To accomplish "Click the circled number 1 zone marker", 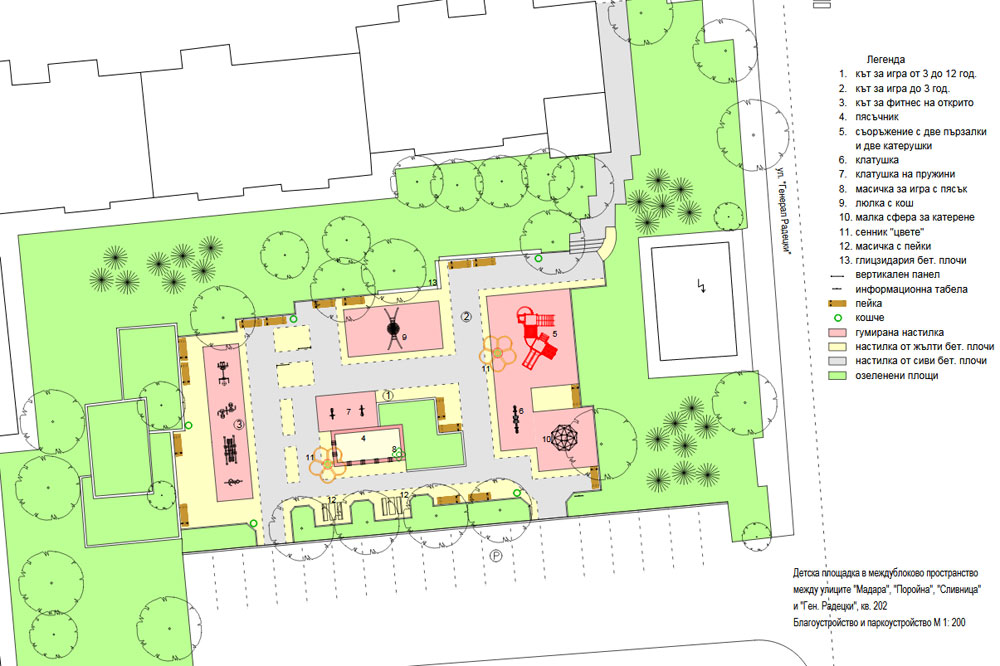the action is point(388,396).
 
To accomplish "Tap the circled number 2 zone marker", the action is point(466,316).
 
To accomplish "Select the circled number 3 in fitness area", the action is point(239,424).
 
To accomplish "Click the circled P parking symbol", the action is point(496,556).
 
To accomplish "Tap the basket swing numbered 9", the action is point(393,328).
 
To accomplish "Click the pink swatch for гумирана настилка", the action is point(837,332).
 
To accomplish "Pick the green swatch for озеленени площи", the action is point(837,376).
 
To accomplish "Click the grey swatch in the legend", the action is point(837,361).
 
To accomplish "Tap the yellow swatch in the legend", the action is point(837,347).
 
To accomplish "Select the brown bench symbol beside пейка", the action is point(837,304).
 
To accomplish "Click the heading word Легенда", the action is point(885,59).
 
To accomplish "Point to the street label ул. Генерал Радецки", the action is point(783,211).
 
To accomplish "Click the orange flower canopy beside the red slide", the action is point(497,353).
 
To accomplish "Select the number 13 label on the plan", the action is point(433,283).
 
